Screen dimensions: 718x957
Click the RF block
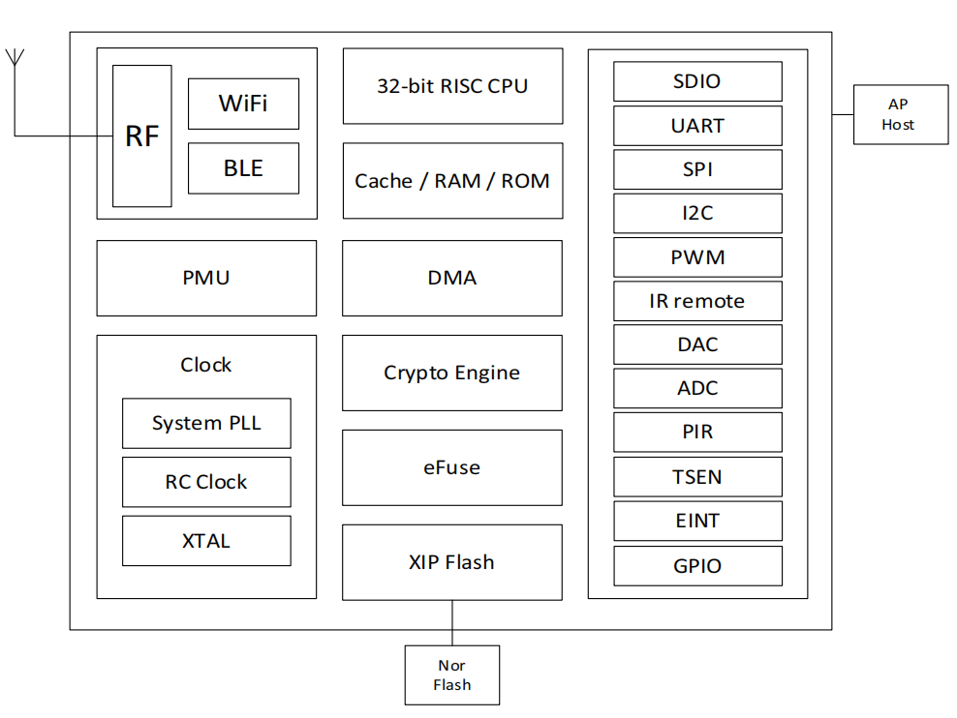pos(142,136)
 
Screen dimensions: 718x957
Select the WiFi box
pos(243,104)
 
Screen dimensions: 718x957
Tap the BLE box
pos(243,168)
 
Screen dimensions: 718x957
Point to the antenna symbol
pos(15,57)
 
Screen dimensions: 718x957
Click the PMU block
pos(206,278)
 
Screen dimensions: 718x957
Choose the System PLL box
pos(206,423)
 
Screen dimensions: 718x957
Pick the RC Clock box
pos(206,482)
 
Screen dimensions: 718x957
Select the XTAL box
pos(206,541)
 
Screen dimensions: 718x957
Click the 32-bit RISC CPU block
pos(452,86)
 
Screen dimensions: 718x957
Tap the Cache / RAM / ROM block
pos(452,181)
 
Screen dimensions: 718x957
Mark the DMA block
pos(452,278)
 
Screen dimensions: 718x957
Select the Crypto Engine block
pos(452,373)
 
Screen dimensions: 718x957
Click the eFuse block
pos(452,467)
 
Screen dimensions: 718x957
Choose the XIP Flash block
pos(452,562)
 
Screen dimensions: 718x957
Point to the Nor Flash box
pos(452,675)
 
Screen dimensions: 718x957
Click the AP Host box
pos(900,115)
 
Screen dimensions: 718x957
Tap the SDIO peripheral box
pos(697,81)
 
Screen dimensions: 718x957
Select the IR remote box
pos(697,301)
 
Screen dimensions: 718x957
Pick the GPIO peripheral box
pos(697,566)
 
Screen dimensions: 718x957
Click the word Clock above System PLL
pos(206,365)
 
